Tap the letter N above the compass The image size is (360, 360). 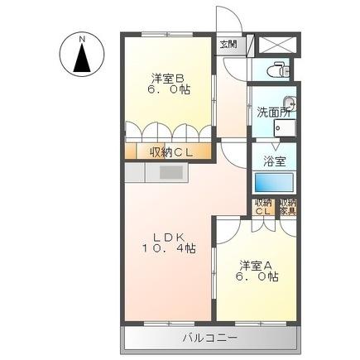[x=82, y=38]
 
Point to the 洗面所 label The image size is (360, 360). [x=272, y=111]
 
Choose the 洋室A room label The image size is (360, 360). [x=257, y=265]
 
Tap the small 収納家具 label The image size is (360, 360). [x=287, y=207]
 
